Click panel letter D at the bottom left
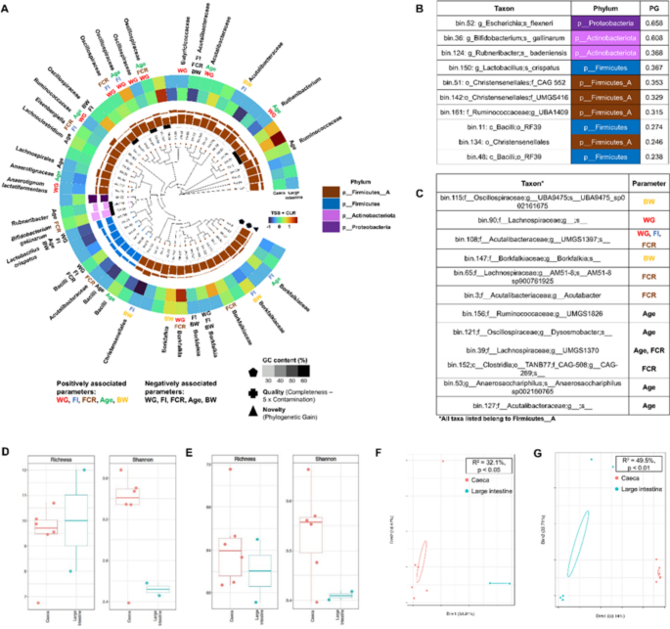coord(8,453)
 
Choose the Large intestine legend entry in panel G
coord(637,489)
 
